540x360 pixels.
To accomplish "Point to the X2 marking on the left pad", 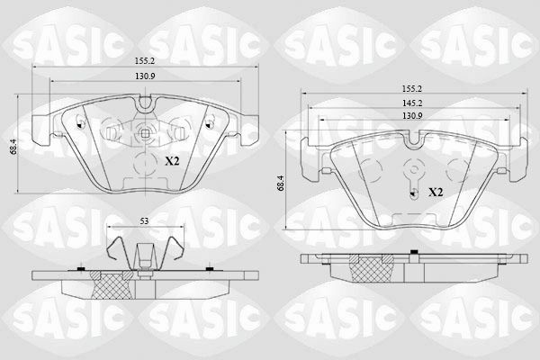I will point(172,161).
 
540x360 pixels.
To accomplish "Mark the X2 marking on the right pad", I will point(435,193).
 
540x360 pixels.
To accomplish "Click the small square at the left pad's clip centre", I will point(144,134).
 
